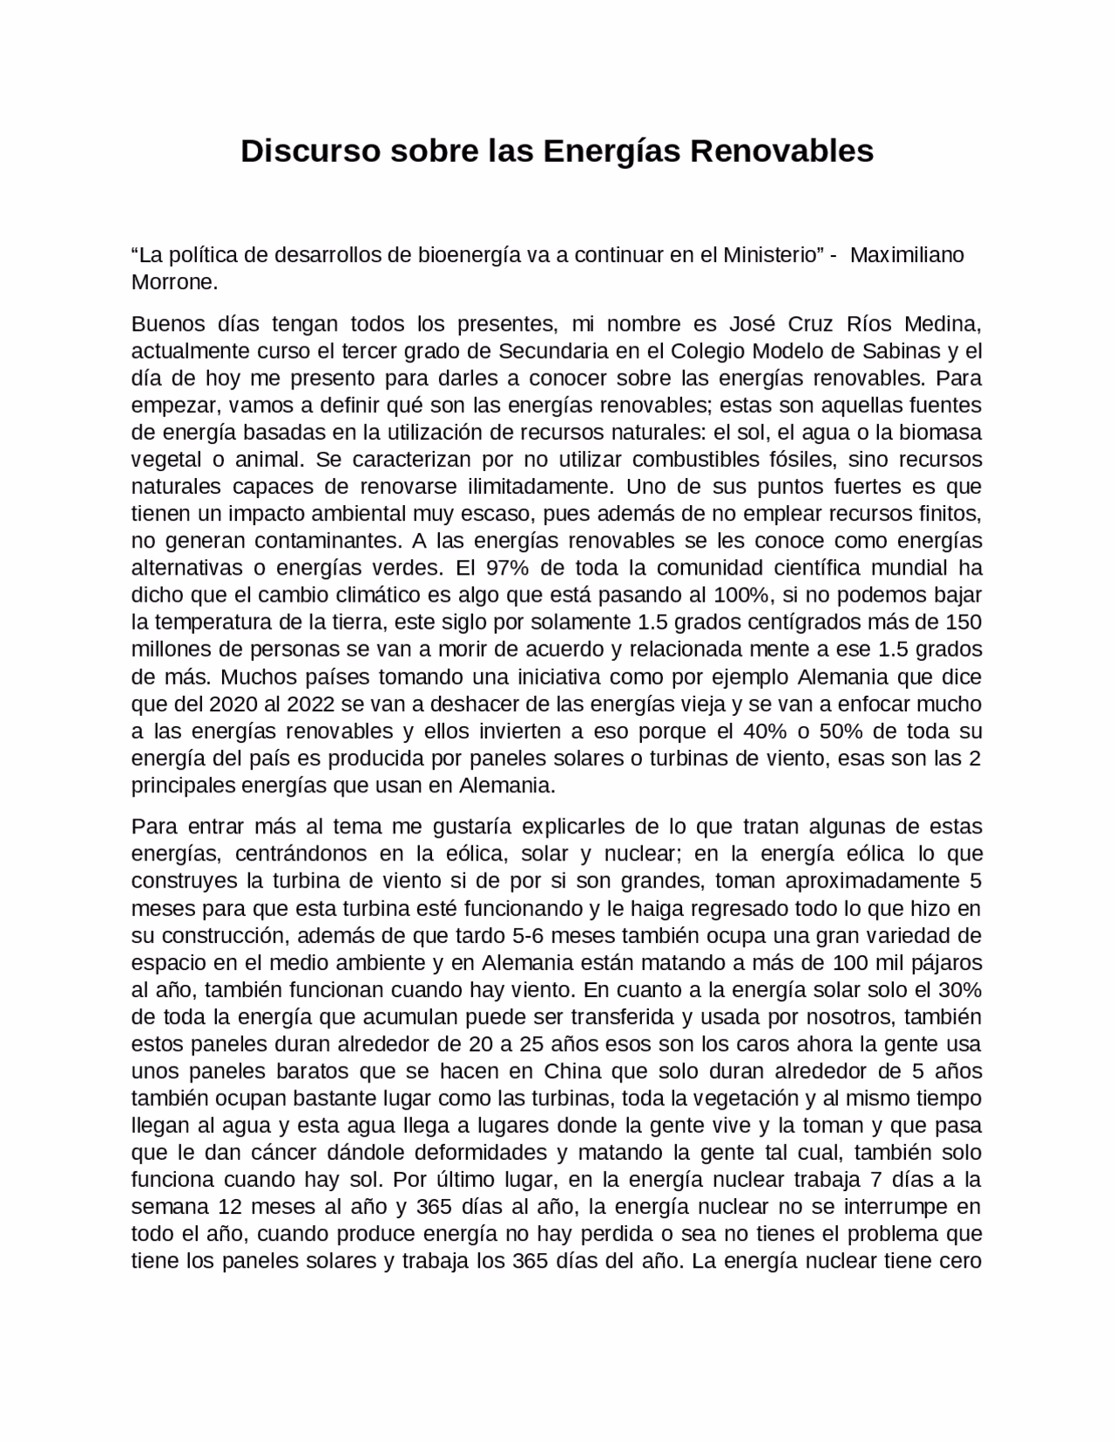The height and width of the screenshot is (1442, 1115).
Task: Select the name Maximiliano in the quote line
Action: pyautogui.click(x=907, y=255)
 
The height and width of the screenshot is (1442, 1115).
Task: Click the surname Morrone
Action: pyautogui.click(x=173, y=282)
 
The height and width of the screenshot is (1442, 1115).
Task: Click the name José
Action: pyautogui.click(x=751, y=324)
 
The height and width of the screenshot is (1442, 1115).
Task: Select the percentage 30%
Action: pyautogui.click(x=959, y=990)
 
